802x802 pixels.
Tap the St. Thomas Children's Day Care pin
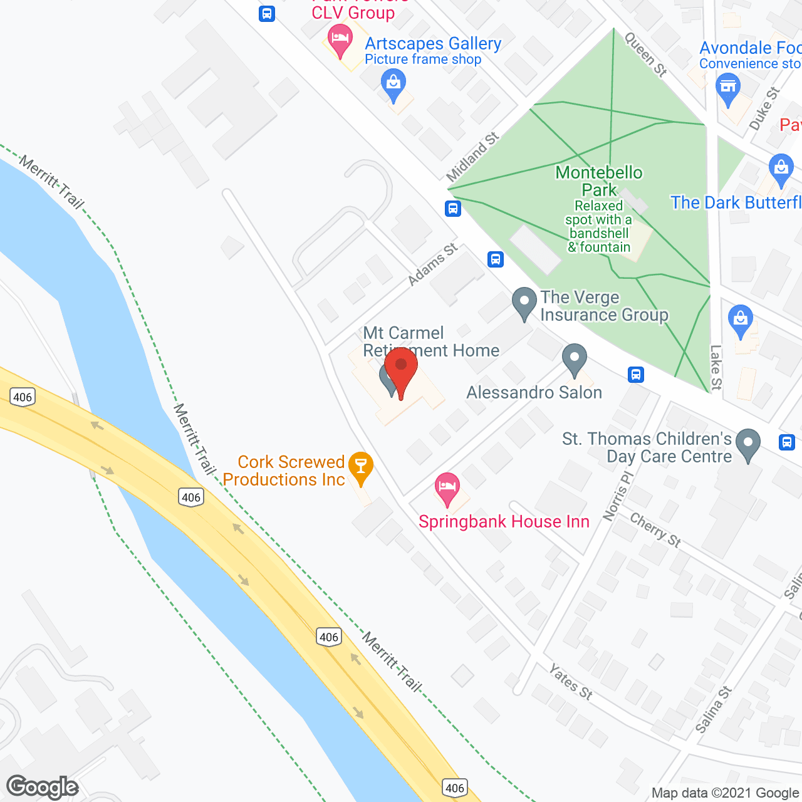(747, 443)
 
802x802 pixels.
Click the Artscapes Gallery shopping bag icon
(393, 83)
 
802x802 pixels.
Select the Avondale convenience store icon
(727, 88)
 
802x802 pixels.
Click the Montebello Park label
(599, 181)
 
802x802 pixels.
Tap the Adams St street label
(432, 265)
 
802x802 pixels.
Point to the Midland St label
(473, 157)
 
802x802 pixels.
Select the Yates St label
(570, 682)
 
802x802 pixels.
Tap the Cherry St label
(655, 530)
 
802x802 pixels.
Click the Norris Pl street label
(618, 496)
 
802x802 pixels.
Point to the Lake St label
(716, 367)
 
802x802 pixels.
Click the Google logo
(43, 787)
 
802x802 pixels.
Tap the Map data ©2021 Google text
(725, 793)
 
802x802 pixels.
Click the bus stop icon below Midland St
(453, 209)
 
